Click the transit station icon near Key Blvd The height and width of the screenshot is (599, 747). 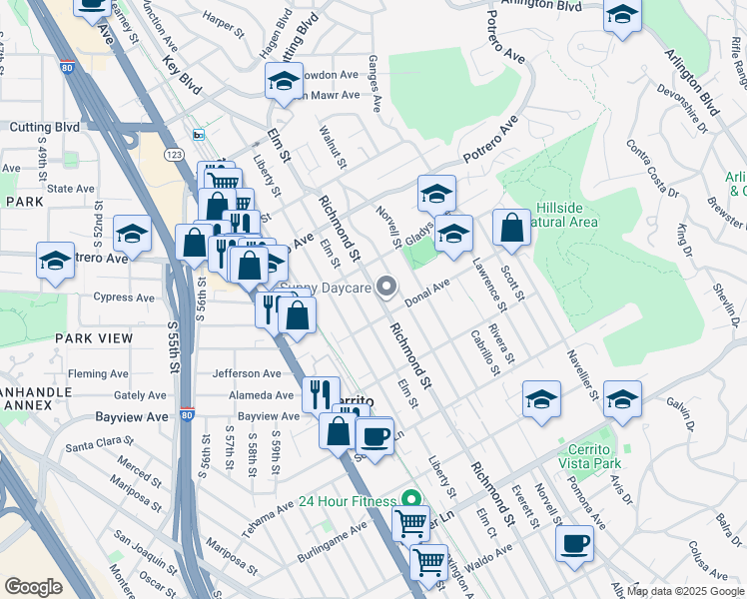tap(199, 135)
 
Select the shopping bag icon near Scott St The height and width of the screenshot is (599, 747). tap(511, 228)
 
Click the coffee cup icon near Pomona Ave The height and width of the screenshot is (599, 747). tap(574, 544)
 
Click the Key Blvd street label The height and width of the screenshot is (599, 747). tap(183, 76)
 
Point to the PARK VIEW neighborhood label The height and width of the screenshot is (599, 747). tap(94, 338)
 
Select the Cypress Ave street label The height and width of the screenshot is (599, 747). tap(124, 298)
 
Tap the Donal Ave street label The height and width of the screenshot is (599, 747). tap(427, 290)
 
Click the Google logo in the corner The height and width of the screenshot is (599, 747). tap(34, 587)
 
